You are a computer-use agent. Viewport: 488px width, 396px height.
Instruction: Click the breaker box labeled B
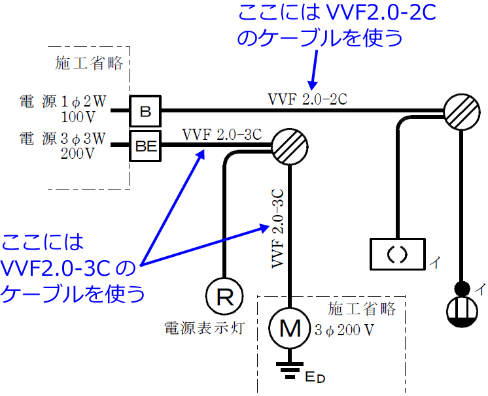point(145,112)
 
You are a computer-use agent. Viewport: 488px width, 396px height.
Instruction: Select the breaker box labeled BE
point(145,148)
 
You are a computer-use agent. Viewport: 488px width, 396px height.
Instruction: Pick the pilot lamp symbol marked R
point(224,297)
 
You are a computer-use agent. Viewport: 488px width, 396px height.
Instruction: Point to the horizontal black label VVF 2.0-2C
point(307,99)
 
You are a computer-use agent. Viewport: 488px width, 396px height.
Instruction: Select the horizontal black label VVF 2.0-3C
point(222,135)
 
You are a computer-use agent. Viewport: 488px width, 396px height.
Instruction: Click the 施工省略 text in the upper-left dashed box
point(90,63)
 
